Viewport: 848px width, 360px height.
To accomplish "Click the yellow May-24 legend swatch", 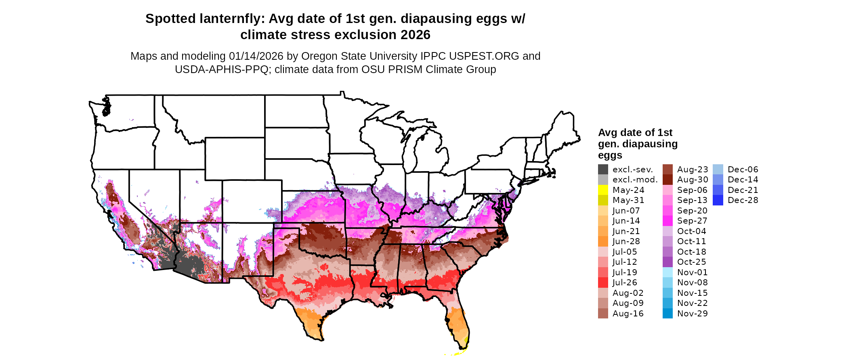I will pyautogui.click(x=603, y=190).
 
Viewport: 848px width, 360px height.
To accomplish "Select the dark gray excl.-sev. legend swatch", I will pyautogui.click(x=603, y=170).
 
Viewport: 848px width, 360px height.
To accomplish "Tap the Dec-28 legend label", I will pyautogui.click(x=743, y=200).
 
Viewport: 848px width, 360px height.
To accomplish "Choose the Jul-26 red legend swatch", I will pyautogui.click(x=603, y=283).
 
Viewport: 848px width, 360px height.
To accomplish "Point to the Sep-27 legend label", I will pyautogui.click(x=692, y=221).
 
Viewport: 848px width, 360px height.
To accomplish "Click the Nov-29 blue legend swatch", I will pyautogui.click(x=667, y=314).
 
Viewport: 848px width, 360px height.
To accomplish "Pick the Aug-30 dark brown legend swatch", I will pyautogui.click(x=667, y=180).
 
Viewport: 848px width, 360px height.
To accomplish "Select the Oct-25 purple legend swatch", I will pyautogui.click(x=667, y=262).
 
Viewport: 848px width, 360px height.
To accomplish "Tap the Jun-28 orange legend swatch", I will pyautogui.click(x=603, y=241).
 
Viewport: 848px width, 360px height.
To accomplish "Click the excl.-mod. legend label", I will pyautogui.click(x=635, y=180).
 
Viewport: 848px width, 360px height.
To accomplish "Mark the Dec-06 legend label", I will pyautogui.click(x=743, y=170).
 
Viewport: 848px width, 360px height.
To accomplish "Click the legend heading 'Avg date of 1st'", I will pyautogui.click(x=635, y=133).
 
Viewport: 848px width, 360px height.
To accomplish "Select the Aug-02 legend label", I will pyautogui.click(x=628, y=293).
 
